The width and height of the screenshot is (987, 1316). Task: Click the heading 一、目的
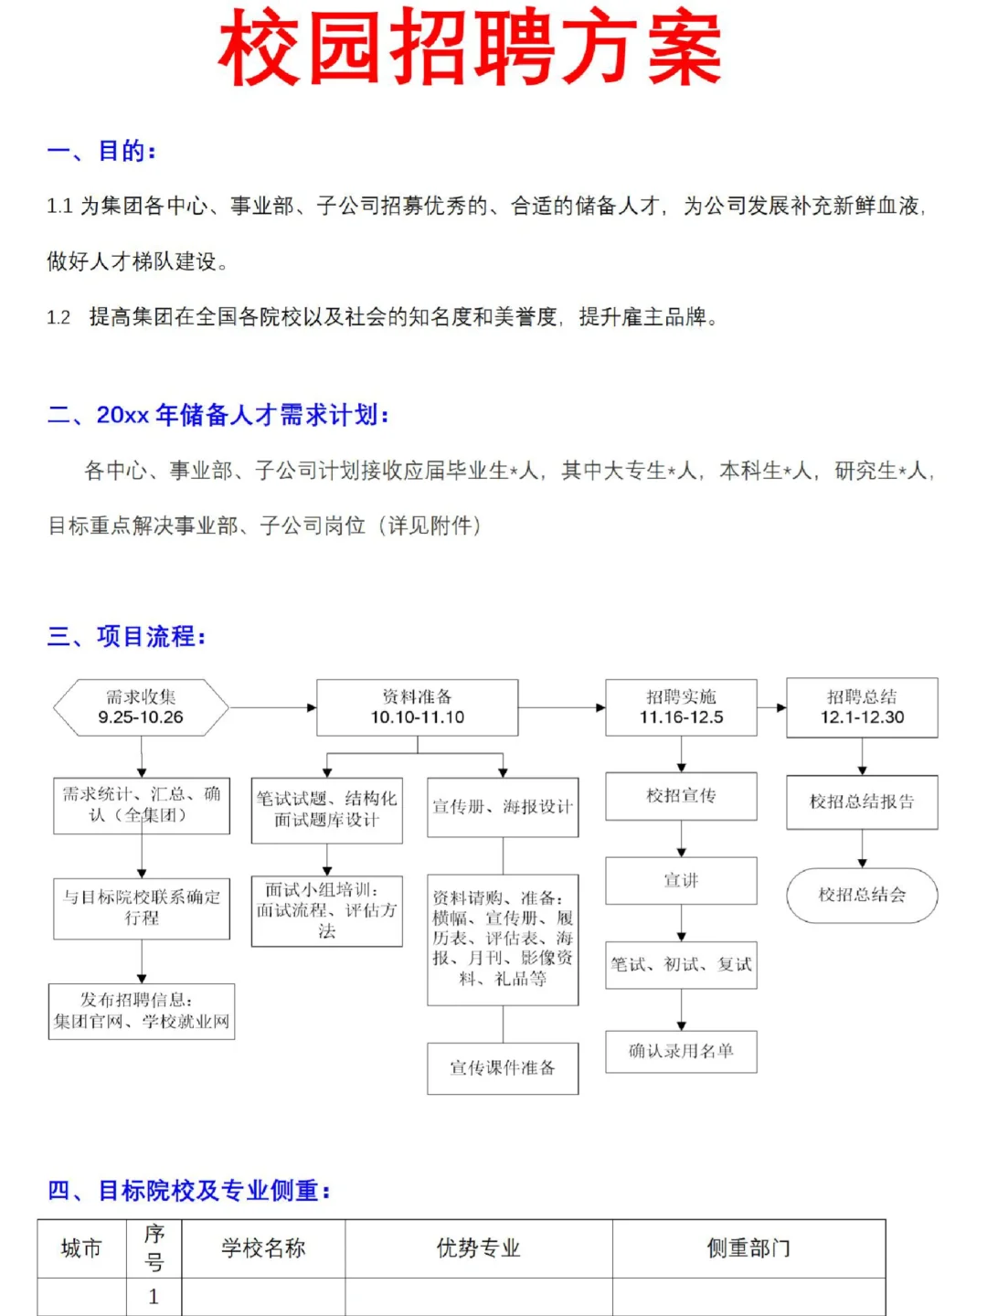coord(101,151)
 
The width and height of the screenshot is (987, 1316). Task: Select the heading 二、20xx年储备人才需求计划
coord(218,415)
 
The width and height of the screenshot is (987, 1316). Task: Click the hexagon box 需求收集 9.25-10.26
coord(141,707)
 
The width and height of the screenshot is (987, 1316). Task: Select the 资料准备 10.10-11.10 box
coord(417,707)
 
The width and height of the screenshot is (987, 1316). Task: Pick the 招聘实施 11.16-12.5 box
coord(681,707)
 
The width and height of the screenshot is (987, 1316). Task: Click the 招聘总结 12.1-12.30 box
coord(862,707)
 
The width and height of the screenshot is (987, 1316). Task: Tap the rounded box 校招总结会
coord(862,895)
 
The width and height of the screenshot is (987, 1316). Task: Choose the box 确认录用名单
coord(681,1051)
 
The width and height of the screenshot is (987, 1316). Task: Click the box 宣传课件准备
coord(503,1067)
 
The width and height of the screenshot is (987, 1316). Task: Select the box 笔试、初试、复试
coord(681,964)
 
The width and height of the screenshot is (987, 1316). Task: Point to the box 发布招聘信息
coord(142,1011)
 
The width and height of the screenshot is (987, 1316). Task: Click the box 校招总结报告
coord(862,801)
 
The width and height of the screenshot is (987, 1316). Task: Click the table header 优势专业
coord(478,1248)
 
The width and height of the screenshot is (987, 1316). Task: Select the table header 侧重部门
coord(748,1248)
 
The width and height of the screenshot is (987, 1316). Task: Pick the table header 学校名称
coord(263,1248)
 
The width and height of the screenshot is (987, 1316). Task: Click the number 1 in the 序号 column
coord(154,1297)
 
